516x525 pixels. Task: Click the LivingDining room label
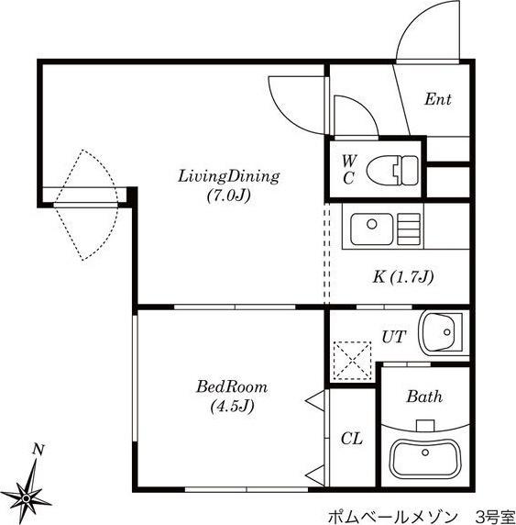coord(229,176)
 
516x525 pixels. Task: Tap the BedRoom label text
coord(232,386)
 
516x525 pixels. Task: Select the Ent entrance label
coord(438,99)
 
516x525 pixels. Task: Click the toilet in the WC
coord(392,170)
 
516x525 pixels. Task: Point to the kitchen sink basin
coord(372,229)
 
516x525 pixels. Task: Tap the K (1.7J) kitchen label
coord(403,277)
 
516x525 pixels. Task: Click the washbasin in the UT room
coord(442,332)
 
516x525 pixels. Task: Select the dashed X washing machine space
coord(353,361)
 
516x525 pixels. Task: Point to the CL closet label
coord(352,439)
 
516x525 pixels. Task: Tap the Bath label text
coord(424,397)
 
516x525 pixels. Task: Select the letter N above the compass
coord(38,450)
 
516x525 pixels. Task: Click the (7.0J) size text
coord(229,195)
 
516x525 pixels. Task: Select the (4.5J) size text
coord(233,406)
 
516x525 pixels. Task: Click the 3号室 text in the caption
coord(495,518)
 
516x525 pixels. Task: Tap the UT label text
coord(394,337)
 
